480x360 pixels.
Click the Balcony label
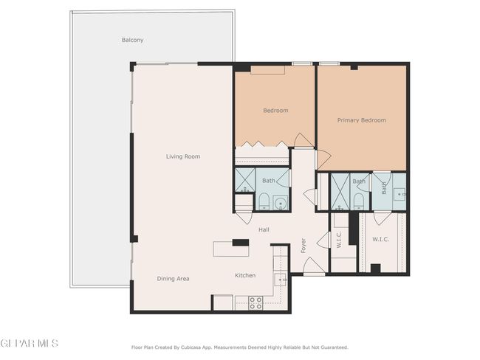click(x=132, y=40)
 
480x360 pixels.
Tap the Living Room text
click(x=183, y=156)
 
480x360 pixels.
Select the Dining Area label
click(x=173, y=279)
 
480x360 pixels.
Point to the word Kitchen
click(x=245, y=275)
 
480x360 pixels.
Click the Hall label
click(x=264, y=229)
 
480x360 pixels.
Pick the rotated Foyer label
click(x=304, y=246)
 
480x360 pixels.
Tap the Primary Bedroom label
click(x=362, y=120)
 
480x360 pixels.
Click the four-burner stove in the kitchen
click(x=256, y=302)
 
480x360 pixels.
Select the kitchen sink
click(x=280, y=280)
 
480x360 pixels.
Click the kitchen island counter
click(x=231, y=249)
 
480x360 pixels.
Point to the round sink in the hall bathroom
click(x=280, y=203)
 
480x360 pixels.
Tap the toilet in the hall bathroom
click(x=264, y=201)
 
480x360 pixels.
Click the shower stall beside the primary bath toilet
click(x=340, y=191)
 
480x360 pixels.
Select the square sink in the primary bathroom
click(x=400, y=194)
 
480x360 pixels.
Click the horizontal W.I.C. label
click(x=381, y=239)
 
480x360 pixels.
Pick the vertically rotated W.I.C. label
click(x=339, y=240)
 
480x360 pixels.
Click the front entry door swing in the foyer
click(x=313, y=266)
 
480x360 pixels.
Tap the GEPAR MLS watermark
click(x=30, y=343)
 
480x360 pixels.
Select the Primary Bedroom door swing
click(x=324, y=160)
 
